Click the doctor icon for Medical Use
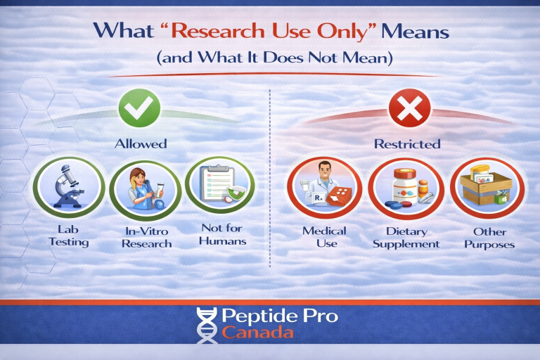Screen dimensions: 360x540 click(324, 188)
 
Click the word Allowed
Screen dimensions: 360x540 click(141, 143)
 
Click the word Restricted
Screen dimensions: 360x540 click(407, 143)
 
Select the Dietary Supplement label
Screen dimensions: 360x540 click(406, 237)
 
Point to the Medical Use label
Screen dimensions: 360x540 click(324, 237)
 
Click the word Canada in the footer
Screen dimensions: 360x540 click(257, 333)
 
